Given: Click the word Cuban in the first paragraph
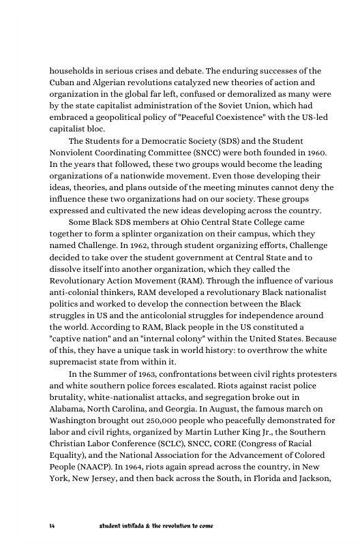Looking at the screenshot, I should pyautogui.click(x=64, y=82).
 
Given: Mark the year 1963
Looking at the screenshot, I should pyautogui.click(x=153, y=374).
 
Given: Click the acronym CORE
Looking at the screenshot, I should pyautogui.click(x=241, y=444).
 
